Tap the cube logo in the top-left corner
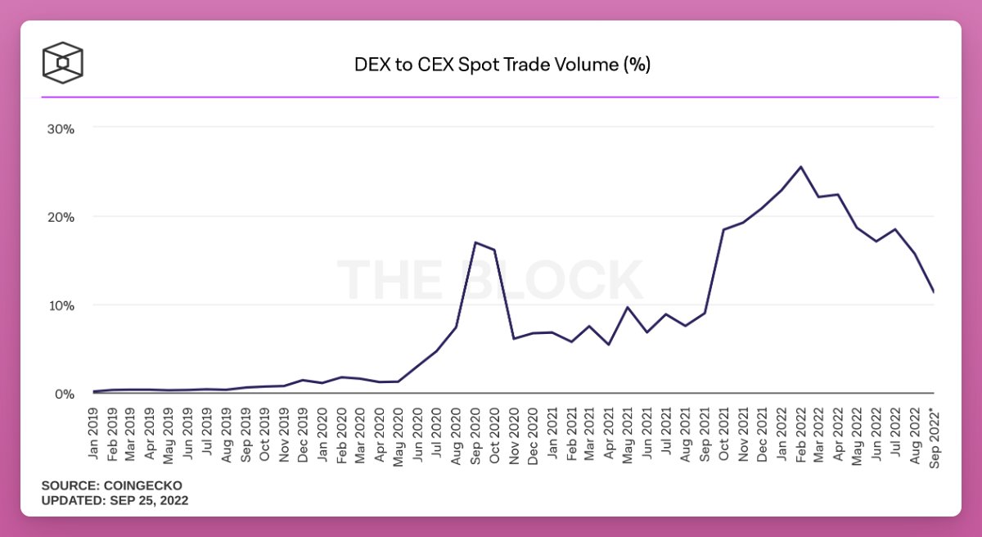point(63,63)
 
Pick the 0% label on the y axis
point(65,394)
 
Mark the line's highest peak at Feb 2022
point(800,167)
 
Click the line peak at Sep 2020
point(475,242)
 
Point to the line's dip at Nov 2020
point(513,339)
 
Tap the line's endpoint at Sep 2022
point(933,291)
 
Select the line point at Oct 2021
point(723,229)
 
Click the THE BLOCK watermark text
point(490,280)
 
